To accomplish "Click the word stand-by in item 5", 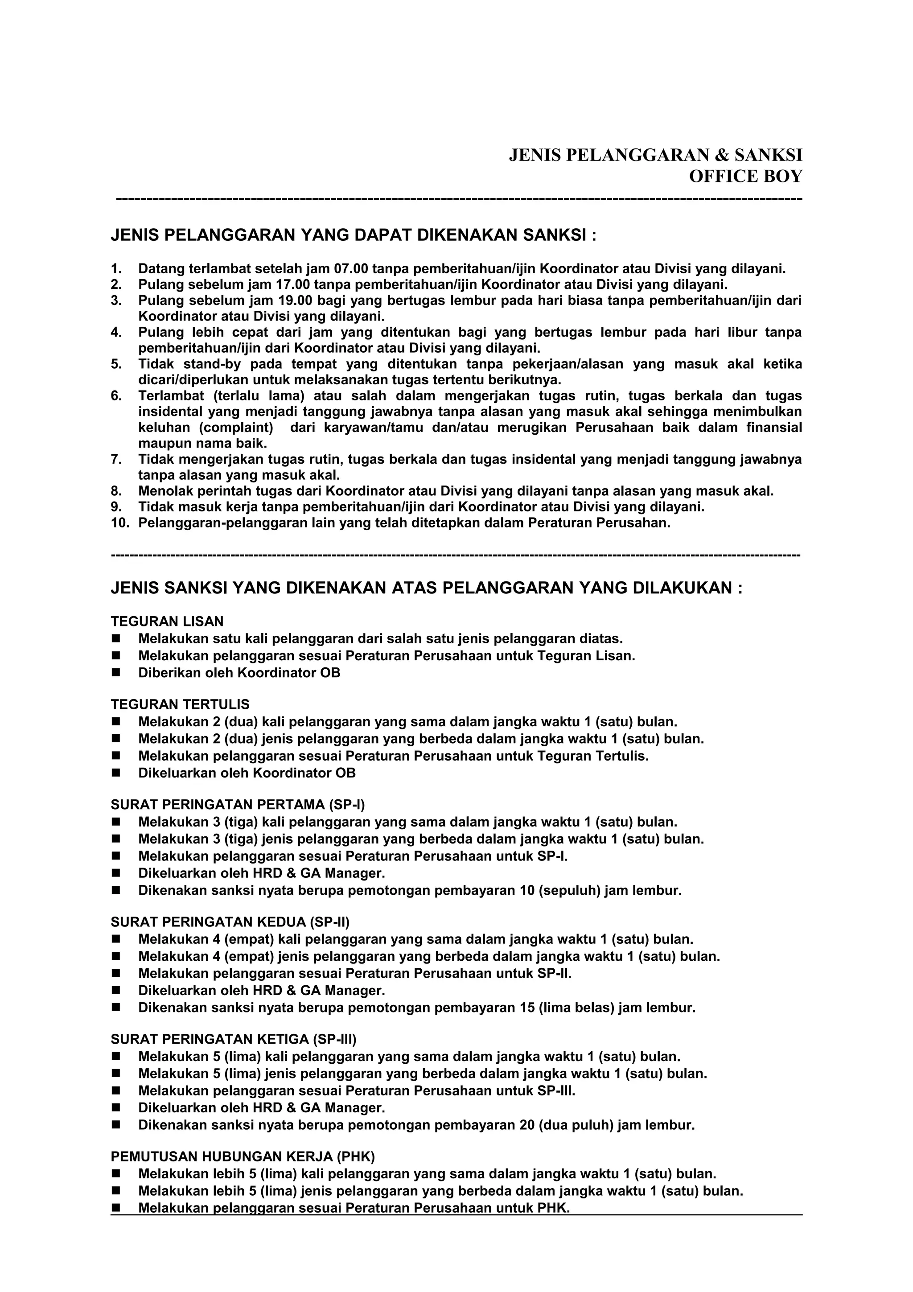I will (x=212, y=364).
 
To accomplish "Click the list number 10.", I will (x=120, y=523).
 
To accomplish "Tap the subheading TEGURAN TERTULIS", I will (x=180, y=704).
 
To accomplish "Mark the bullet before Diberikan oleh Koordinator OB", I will (x=116, y=673).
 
